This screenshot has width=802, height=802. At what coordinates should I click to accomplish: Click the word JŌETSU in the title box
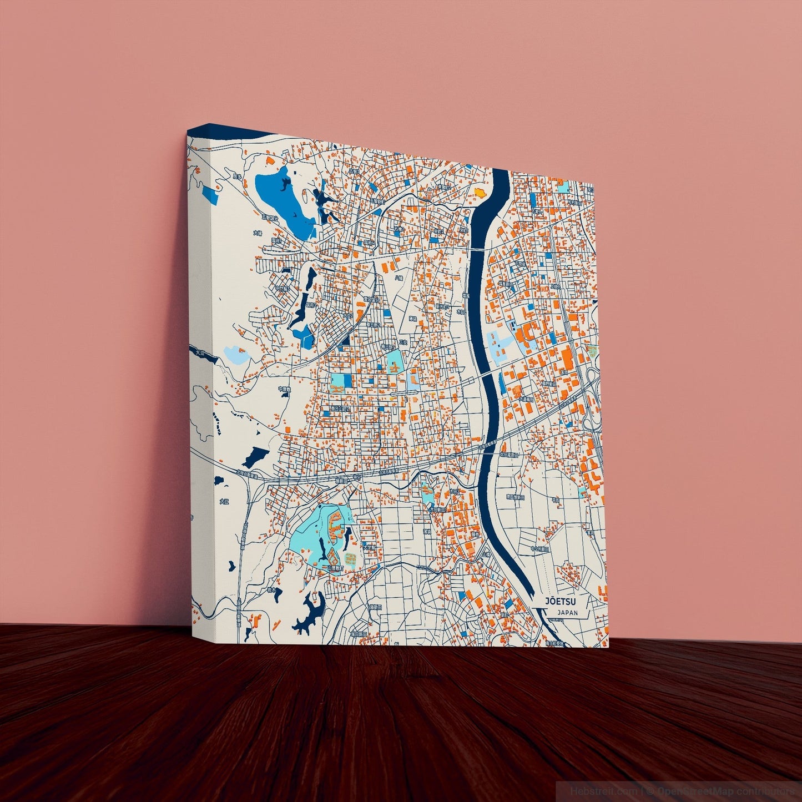point(560,601)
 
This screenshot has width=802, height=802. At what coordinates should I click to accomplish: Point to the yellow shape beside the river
point(480,192)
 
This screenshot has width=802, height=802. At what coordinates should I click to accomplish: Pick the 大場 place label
point(257,234)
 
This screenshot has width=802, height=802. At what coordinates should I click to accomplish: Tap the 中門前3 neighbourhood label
point(284,289)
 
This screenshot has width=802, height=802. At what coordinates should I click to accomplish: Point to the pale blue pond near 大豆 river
point(233,354)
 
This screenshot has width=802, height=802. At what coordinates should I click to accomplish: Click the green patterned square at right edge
point(592,350)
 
